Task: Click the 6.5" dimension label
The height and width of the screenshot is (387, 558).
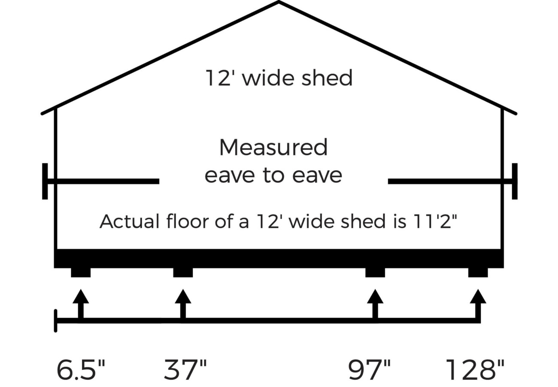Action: (x=81, y=370)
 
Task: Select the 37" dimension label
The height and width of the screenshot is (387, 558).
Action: (x=185, y=370)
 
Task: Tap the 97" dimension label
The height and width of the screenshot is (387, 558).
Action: (x=369, y=370)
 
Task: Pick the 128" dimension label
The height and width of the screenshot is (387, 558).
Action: (x=475, y=370)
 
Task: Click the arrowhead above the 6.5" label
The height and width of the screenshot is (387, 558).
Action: (x=81, y=297)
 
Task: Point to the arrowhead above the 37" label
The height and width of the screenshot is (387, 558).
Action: (x=183, y=297)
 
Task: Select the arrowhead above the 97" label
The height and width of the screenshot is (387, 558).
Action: (x=375, y=297)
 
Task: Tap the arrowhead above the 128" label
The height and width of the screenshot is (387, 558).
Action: (x=478, y=297)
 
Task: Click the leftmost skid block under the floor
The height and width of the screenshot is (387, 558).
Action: (x=81, y=272)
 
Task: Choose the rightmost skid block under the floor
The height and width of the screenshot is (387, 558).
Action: (x=478, y=272)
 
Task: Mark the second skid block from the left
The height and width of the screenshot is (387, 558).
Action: (x=183, y=272)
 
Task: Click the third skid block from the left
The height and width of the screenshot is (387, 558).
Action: (x=375, y=272)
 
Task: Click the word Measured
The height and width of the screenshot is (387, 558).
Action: (x=273, y=148)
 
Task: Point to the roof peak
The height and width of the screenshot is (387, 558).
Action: (x=279, y=3)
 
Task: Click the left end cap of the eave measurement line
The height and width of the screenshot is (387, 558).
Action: (x=45, y=181)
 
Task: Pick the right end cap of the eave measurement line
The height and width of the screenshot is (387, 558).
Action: (x=515, y=181)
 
